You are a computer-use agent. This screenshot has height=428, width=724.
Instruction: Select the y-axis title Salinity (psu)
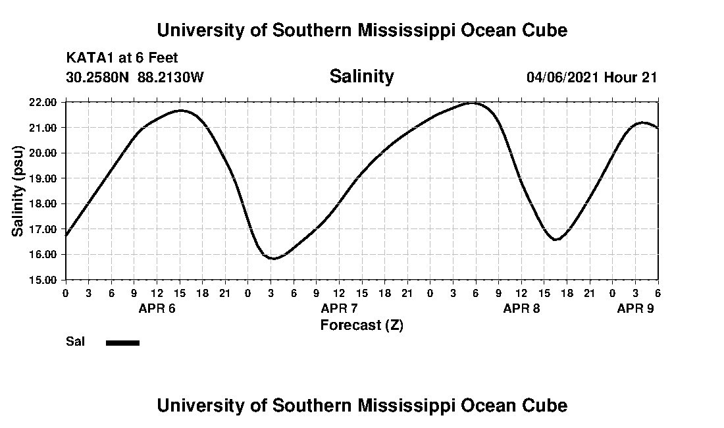(x=18, y=191)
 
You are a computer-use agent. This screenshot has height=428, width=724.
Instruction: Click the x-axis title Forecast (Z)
(x=361, y=325)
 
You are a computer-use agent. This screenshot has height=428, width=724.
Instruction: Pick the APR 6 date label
(x=156, y=308)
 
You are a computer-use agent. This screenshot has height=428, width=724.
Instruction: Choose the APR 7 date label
(x=339, y=308)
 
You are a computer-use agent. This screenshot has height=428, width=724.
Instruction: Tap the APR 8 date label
(x=521, y=308)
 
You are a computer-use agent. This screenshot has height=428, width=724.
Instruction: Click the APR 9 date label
(x=635, y=308)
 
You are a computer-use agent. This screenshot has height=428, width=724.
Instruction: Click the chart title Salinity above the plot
(x=361, y=76)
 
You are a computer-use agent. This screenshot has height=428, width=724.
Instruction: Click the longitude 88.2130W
(x=171, y=77)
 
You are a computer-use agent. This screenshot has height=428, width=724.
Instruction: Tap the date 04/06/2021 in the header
(x=563, y=77)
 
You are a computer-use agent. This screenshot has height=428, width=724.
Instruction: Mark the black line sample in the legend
(x=122, y=342)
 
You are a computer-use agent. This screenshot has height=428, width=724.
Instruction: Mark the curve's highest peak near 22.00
(x=472, y=103)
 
